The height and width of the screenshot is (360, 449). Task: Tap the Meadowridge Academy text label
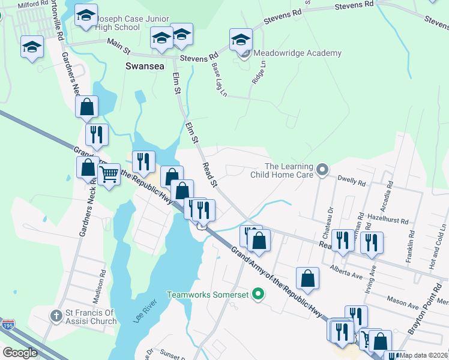(x=297, y=53)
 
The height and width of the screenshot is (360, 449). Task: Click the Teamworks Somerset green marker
(x=258, y=294)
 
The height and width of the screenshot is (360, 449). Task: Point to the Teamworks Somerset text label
(x=208, y=295)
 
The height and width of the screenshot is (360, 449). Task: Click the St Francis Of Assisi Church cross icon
(x=56, y=315)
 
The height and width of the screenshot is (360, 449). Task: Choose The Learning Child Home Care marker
(x=322, y=170)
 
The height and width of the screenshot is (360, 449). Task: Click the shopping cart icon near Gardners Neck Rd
(x=109, y=175)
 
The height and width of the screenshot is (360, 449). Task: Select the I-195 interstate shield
(x=7, y=325)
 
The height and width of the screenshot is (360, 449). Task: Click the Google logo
(x=20, y=353)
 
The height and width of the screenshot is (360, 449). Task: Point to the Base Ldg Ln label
(x=220, y=80)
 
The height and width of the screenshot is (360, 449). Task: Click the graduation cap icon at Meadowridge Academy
(x=241, y=40)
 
